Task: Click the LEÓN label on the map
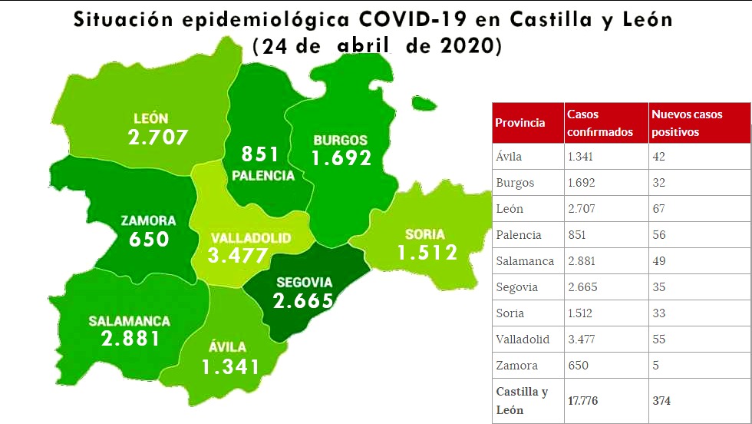pyautogui.click(x=150, y=119)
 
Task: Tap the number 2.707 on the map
pyautogui.click(x=158, y=138)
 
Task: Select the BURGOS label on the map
pyautogui.click(x=340, y=141)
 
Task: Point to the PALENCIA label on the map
pyautogui.click(x=263, y=175)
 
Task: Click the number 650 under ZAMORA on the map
pyautogui.click(x=149, y=239)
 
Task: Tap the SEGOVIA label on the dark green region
pyautogui.click(x=304, y=282)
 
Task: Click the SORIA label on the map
pyautogui.click(x=424, y=234)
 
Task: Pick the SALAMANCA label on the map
pyautogui.click(x=129, y=321)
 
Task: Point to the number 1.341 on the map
pyautogui.click(x=231, y=367)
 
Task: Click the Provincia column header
pyautogui.click(x=520, y=123)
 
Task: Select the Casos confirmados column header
pyautogui.click(x=600, y=123)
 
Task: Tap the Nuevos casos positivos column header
pyautogui.click(x=687, y=123)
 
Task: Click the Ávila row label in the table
pyautogui.click(x=509, y=157)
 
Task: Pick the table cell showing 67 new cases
pyautogui.click(x=658, y=209)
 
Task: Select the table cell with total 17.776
pyautogui.click(x=583, y=400)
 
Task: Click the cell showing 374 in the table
pyautogui.click(x=662, y=400)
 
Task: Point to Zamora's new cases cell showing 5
pyautogui.click(x=656, y=366)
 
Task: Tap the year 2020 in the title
pyautogui.click(x=467, y=46)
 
